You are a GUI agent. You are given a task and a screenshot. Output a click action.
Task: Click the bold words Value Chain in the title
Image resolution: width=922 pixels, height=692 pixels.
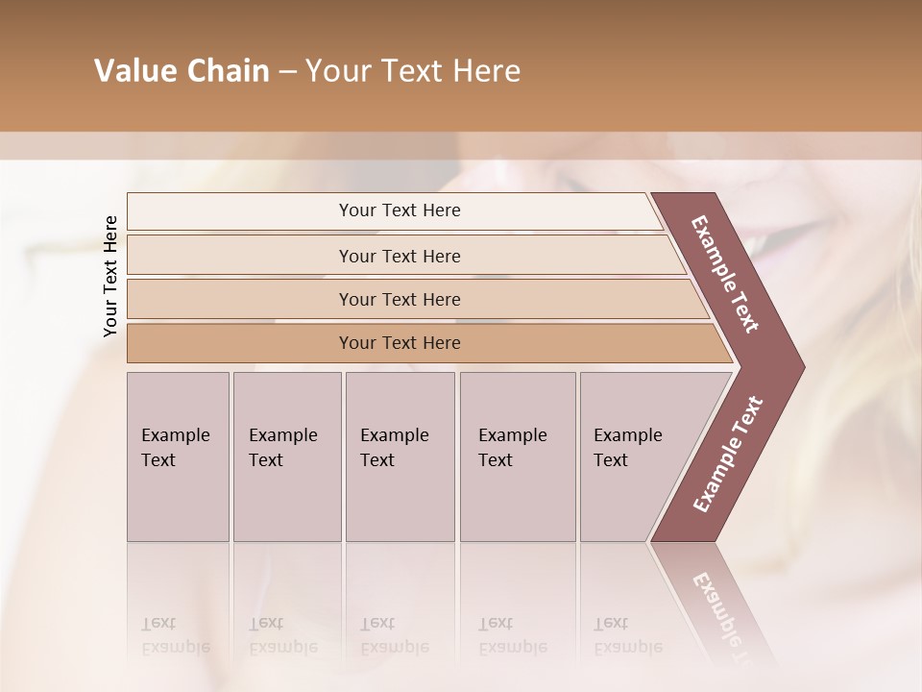(x=182, y=71)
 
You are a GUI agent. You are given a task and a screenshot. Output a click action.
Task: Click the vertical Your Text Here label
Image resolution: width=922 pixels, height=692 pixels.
(x=110, y=276)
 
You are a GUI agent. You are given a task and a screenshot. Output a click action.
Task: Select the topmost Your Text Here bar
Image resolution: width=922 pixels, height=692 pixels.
(x=399, y=210)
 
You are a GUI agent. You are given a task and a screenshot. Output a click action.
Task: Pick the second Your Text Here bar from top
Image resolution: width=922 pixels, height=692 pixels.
(x=399, y=256)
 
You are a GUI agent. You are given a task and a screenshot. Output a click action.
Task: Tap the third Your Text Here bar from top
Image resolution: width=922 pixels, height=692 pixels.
(x=399, y=299)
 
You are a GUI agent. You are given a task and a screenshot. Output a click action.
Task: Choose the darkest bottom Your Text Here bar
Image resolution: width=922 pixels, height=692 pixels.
(x=399, y=343)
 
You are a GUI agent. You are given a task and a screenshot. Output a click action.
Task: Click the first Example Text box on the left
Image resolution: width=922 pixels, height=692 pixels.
(x=178, y=457)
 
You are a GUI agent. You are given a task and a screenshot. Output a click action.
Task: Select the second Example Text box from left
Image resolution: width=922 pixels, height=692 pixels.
(x=286, y=457)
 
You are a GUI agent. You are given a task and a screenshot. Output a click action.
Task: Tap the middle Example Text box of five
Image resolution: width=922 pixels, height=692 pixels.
(x=400, y=457)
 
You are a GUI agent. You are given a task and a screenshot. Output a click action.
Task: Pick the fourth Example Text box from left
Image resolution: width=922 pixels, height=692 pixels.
(x=517, y=457)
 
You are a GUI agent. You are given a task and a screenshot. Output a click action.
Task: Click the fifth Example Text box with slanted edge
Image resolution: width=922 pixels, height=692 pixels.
(x=634, y=457)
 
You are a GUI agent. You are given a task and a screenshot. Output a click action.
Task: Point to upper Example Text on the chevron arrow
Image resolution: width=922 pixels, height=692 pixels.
(x=725, y=274)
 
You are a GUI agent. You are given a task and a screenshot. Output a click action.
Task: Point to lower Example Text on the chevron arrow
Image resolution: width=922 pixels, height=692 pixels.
(x=727, y=454)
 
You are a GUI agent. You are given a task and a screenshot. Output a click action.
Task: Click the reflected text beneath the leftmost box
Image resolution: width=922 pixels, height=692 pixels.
(x=176, y=635)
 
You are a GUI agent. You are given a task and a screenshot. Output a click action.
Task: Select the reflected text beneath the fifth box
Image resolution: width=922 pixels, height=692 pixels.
(x=628, y=635)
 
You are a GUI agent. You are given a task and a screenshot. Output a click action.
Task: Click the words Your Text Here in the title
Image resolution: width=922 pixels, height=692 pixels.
(x=413, y=71)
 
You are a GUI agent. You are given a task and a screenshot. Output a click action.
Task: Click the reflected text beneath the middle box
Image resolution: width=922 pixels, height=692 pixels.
(x=395, y=635)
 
